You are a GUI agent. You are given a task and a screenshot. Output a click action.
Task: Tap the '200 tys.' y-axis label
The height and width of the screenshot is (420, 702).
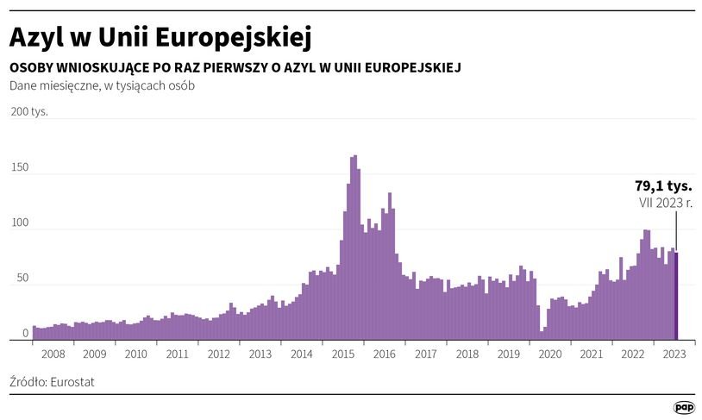(x=28, y=111)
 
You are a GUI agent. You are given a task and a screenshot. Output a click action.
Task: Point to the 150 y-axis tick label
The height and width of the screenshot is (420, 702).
(x=20, y=167)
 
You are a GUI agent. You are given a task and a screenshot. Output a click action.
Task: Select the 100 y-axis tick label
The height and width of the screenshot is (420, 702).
(x=20, y=223)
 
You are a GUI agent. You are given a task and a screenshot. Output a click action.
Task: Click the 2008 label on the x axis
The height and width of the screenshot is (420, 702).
(x=53, y=354)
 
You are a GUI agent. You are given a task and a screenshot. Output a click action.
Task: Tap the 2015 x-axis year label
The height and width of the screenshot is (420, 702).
(x=343, y=354)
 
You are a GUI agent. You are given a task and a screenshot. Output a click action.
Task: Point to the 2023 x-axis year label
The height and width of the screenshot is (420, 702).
(x=674, y=354)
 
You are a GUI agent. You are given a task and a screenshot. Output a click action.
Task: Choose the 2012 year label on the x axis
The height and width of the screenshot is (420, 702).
(x=219, y=354)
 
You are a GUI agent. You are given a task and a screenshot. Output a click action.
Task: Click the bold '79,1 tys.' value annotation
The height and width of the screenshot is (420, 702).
(x=664, y=185)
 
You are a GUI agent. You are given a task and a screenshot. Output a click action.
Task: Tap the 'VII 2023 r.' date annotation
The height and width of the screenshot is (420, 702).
(x=665, y=204)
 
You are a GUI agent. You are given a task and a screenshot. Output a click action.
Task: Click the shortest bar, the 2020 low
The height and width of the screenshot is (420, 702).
(x=541, y=335)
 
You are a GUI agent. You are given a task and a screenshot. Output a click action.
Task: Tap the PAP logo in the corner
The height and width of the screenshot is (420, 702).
(x=684, y=406)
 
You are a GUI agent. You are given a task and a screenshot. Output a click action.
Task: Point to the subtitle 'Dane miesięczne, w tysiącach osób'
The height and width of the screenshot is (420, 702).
(x=102, y=85)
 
